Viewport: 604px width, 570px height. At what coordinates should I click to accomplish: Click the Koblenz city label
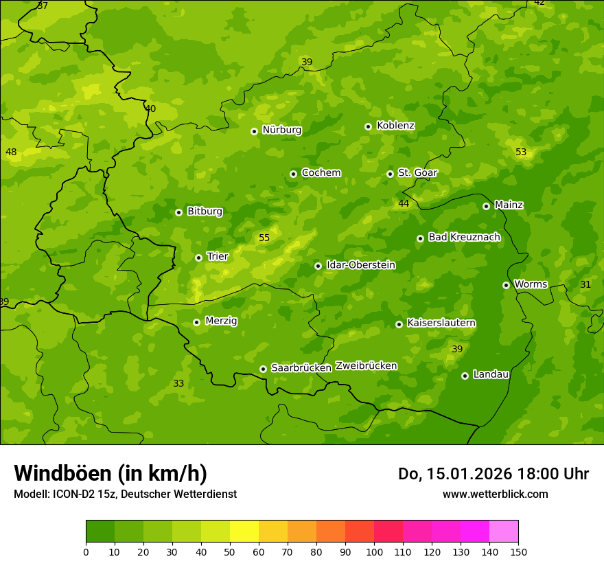pyautogui.click(x=395, y=126)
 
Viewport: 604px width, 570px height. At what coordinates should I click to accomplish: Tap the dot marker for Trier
pyautogui.click(x=198, y=258)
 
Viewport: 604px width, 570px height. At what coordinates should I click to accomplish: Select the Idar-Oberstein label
pyautogui.click(x=360, y=265)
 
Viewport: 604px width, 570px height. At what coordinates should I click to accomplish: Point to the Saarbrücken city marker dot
pyautogui.click(x=263, y=369)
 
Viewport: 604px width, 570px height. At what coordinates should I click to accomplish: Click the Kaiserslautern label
pyautogui.click(x=441, y=323)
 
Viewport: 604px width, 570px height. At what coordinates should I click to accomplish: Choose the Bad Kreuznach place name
pyautogui.click(x=464, y=237)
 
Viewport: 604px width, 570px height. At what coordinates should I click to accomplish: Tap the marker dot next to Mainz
pyautogui.click(x=486, y=206)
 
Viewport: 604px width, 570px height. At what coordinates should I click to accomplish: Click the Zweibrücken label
pyautogui.click(x=366, y=366)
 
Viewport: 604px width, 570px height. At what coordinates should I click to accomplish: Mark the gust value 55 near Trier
pyautogui.click(x=264, y=238)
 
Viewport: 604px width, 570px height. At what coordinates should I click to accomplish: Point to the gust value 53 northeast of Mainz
pyautogui.click(x=521, y=152)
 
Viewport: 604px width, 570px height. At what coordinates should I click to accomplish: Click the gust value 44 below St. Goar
pyautogui.click(x=404, y=203)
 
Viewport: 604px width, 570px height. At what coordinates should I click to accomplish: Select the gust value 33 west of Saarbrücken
pyautogui.click(x=178, y=383)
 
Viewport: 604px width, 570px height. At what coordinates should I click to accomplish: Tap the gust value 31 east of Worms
pyautogui.click(x=585, y=284)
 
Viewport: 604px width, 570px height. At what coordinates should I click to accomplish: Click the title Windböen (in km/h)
pyautogui.click(x=111, y=473)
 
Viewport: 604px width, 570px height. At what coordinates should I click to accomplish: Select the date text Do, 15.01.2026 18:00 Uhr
pyautogui.click(x=493, y=474)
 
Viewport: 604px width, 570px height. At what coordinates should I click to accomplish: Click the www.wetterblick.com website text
pyautogui.click(x=495, y=494)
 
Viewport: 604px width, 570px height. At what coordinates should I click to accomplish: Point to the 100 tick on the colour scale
pyautogui.click(x=374, y=551)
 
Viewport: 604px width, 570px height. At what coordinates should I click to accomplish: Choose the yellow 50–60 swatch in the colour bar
pyautogui.click(x=244, y=532)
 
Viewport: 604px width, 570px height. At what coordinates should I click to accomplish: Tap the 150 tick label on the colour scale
pyautogui.click(x=518, y=551)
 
